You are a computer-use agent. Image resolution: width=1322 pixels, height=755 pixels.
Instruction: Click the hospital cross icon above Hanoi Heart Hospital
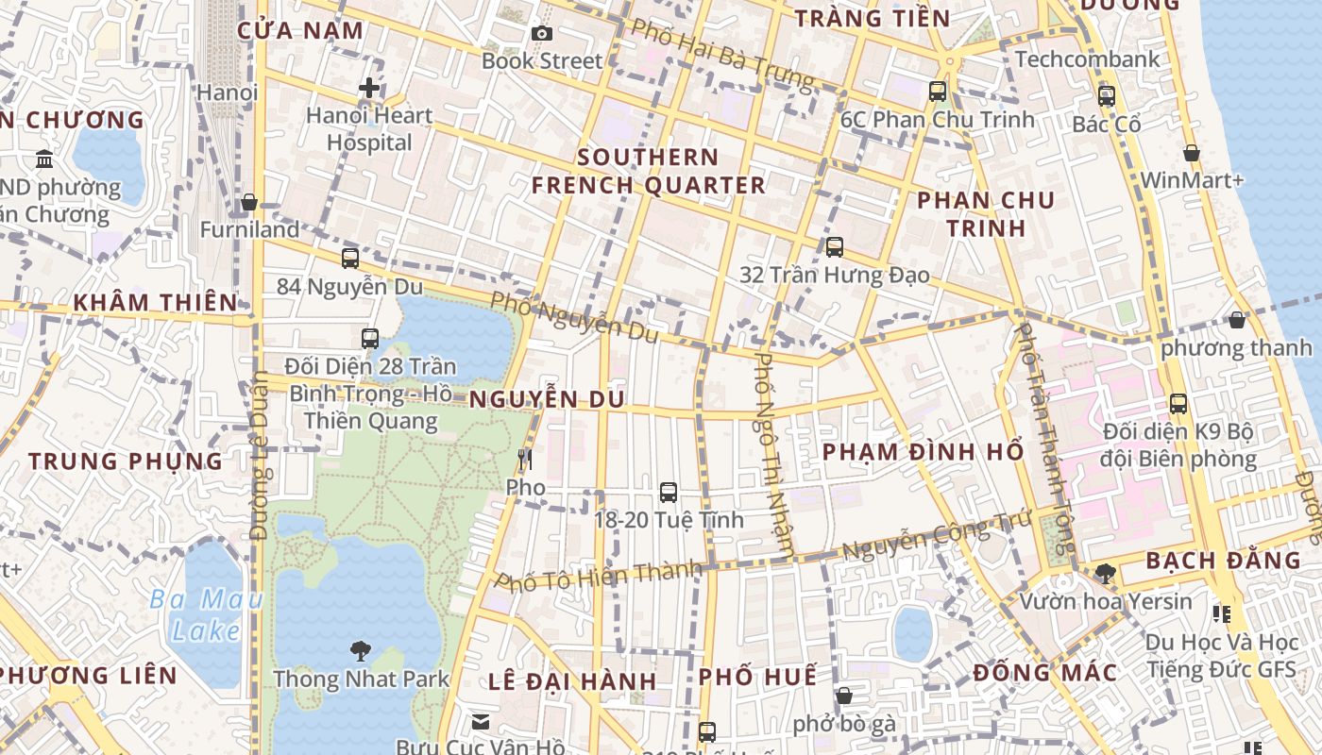(369, 89)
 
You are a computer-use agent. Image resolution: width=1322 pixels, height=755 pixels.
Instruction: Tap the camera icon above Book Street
(542, 34)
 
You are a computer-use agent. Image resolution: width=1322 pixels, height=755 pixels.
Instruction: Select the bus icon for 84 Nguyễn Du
(350, 258)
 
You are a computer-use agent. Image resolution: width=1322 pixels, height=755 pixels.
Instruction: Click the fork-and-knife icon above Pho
(525, 460)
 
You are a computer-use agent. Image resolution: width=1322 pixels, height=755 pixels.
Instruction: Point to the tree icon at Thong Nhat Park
(360, 650)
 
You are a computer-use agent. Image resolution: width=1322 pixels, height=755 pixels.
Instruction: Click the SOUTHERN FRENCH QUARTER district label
(648, 171)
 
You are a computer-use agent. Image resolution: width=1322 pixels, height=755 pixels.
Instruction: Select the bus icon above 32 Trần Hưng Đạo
(835, 247)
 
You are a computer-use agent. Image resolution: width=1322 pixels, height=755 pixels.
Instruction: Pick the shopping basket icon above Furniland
(249, 202)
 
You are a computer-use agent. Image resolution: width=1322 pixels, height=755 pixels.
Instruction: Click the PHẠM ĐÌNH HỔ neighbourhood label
(923, 452)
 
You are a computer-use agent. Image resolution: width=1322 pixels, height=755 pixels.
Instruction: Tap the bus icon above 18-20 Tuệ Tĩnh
(669, 492)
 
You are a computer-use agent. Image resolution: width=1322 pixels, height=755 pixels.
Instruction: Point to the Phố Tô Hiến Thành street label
(600, 575)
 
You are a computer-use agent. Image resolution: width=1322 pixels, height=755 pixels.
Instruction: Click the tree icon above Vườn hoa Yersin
(1105, 573)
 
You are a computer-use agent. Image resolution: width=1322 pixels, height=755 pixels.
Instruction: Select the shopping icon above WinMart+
(1192, 153)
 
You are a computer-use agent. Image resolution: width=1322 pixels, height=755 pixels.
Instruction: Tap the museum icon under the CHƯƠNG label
(44, 159)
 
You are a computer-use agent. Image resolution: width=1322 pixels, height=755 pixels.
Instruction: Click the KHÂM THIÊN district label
(155, 303)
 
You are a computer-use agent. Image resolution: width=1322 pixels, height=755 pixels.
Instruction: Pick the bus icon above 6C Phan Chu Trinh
(938, 92)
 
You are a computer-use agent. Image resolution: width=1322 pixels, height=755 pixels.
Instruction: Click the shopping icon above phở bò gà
(844, 696)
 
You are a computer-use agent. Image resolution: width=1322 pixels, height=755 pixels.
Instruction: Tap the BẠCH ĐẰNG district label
(1222, 561)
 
